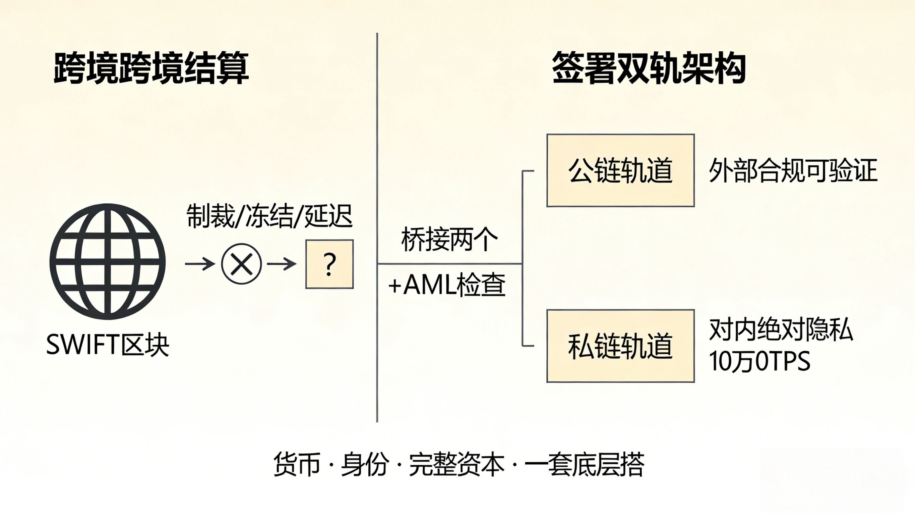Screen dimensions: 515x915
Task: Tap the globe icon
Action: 108,261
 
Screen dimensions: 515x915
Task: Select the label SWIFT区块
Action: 108,345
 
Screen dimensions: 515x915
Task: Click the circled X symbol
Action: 242,264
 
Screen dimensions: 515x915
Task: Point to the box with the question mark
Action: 329,264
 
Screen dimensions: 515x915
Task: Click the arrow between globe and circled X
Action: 200,264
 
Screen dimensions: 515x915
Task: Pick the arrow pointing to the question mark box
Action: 281,264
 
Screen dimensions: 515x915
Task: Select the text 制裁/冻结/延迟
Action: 269,216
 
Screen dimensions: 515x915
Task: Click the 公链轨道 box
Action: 620,170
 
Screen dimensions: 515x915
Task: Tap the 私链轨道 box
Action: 620,346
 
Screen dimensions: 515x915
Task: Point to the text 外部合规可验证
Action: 793,171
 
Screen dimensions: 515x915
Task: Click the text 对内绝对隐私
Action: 781,330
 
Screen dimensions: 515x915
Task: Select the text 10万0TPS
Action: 759,361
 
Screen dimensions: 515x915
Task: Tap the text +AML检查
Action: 447,285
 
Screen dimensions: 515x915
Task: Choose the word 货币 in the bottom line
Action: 297,464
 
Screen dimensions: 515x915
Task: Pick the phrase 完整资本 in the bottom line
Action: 456,464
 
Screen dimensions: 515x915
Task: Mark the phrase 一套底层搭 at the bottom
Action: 584,464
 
